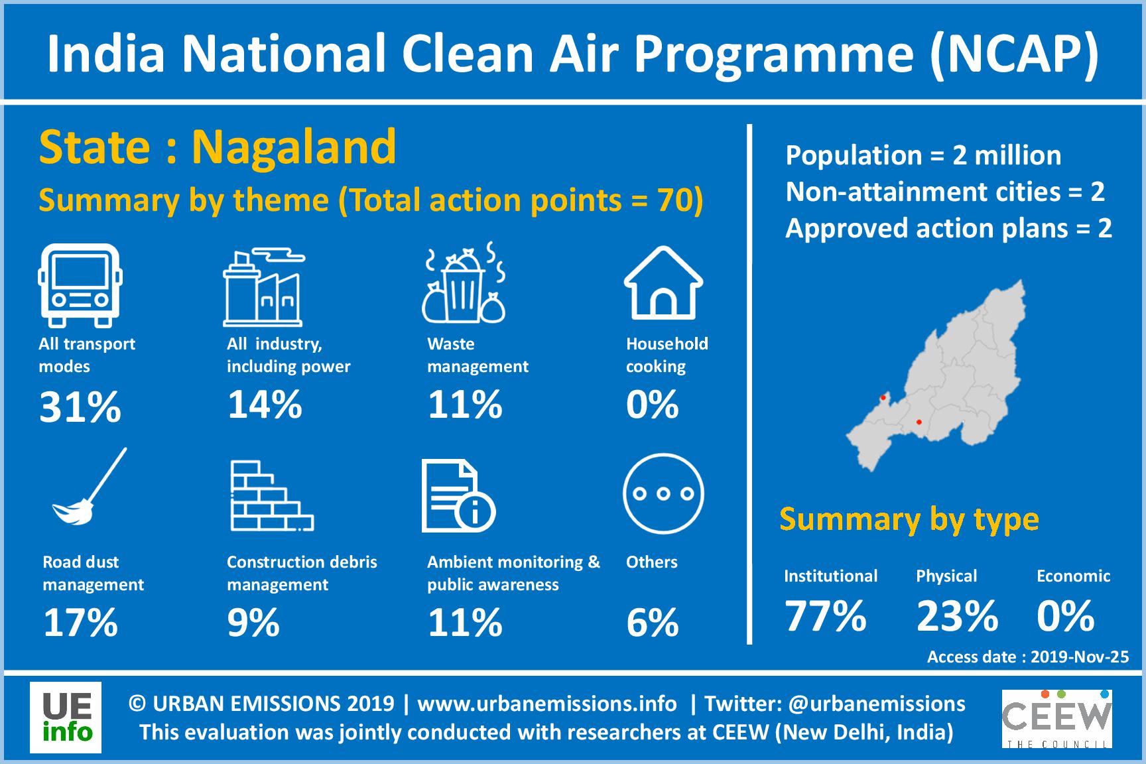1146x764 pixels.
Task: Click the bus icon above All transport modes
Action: click(80, 285)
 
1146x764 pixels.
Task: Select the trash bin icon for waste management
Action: click(464, 284)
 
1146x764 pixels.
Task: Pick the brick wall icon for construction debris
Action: click(271, 496)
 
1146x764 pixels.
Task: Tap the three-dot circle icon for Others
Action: click(663, 493)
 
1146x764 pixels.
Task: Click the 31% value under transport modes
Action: click(80, 407)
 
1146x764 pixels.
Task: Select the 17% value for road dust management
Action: click(80, 623)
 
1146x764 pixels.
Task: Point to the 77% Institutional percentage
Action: click(826, 615)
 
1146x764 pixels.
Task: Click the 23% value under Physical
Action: click(957, 615)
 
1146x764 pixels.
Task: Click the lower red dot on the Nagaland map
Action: click(919, 422)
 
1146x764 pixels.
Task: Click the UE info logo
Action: click(66, 718)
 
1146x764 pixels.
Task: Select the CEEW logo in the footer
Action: click(1056, 718)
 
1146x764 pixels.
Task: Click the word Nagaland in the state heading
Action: click(294, 147)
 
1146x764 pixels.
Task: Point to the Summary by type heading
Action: click(909, 519)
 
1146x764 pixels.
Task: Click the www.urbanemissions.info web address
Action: click(546, 703)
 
